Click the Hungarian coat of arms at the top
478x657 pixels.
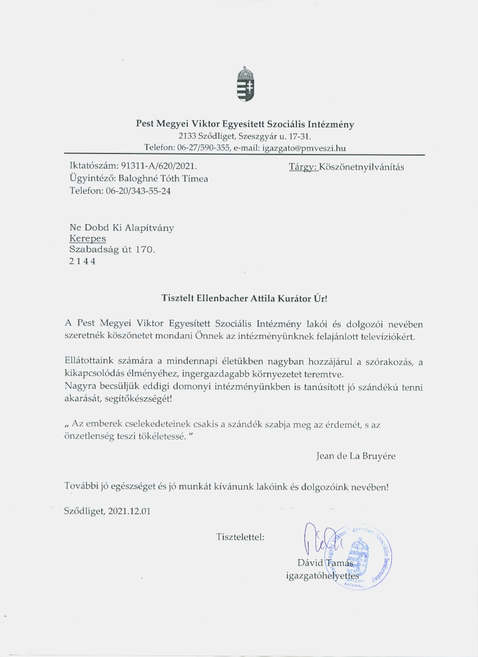(245, 85)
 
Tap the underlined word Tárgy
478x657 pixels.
(303, 167)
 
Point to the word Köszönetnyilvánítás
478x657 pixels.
(362, 167)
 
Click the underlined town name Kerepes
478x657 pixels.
(87, 238)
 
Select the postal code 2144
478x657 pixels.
(82, 261)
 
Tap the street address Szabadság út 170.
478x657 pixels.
(112, 250)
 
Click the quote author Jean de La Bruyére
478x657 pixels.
(356, 456)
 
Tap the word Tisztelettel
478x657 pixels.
(240, 537)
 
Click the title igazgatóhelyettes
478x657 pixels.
(322, 576)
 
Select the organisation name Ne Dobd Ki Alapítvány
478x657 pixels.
(121, 227)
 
